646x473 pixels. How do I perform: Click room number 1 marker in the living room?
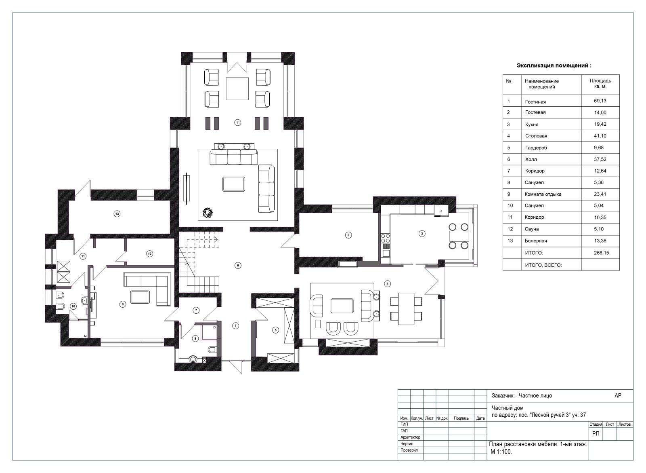coord(237,123)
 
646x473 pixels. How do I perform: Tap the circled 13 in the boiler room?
coord(117,214)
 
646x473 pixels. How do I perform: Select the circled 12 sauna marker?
coord(149,254)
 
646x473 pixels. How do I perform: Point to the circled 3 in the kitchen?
coord(422,234)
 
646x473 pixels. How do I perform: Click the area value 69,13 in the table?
coord(600,101)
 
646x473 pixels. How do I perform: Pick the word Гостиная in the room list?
coord(535,101)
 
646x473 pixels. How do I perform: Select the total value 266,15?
coord(601,253)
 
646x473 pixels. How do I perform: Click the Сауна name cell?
coord(532,229)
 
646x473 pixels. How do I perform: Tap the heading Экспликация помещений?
coord(554,65)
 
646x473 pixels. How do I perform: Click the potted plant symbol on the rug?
coord(208,213)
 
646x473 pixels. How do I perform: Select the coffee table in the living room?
coord(234,184)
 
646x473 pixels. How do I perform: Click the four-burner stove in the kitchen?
coord(386,238)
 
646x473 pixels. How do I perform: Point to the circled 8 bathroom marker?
coord(196,338)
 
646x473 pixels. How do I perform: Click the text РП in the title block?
coord(596,434)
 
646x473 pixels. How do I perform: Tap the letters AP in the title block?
coord(618,396)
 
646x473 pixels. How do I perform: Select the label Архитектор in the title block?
coord(410,437)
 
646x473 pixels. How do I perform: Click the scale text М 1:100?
coord(501,452)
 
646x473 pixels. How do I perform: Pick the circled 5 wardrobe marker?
coord(275,330)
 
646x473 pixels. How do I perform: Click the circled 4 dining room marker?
coord(388,284)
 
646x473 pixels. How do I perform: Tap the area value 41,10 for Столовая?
coord(600,136)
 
